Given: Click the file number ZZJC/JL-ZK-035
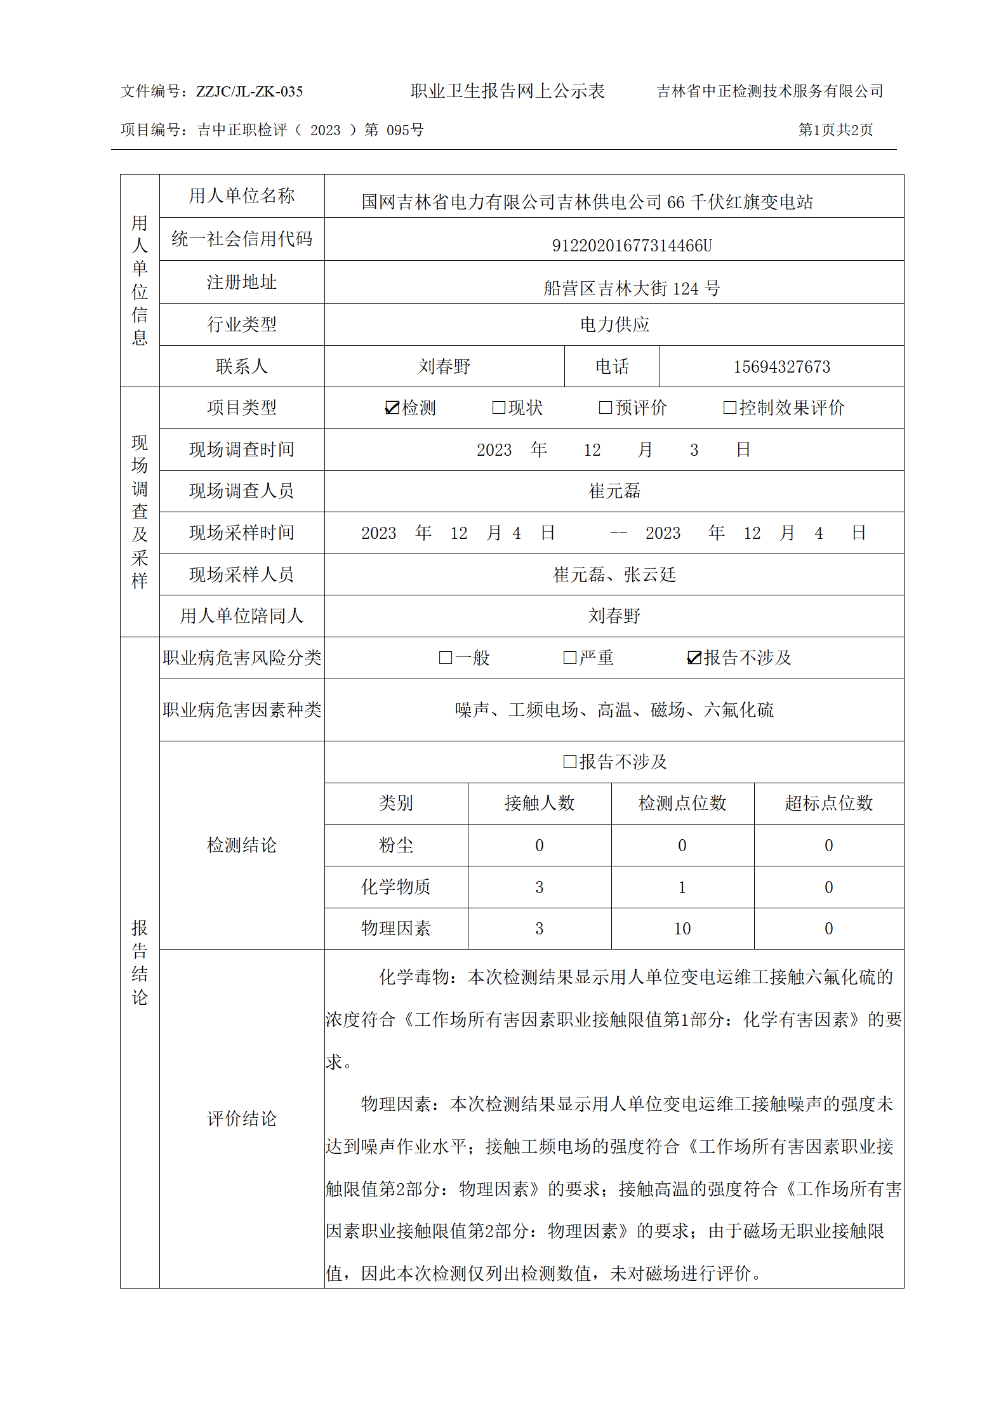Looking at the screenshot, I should click(249, 91).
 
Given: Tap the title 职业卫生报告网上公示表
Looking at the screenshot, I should click(507, 91).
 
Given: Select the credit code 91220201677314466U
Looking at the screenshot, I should click(632, 245).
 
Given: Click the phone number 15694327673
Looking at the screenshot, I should click(781, 367).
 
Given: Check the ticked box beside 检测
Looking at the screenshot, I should click(392, 408).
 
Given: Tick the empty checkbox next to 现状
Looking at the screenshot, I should click(499, 408).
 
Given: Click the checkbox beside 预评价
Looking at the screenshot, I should click(606, 408).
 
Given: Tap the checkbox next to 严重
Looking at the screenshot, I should click(570, 658).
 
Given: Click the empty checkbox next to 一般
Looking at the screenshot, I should click(446, 658).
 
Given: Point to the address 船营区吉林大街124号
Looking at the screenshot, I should click(632, 289).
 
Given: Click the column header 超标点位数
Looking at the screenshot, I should click(828, 803).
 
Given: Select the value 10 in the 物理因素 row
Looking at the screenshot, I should click(682, 929).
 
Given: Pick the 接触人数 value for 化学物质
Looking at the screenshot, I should click(539, 887).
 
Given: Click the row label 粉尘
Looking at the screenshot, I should click(395, 845).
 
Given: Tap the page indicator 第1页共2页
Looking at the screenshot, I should click(835, 130).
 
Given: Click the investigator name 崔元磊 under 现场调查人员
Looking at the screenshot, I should click(614, 491).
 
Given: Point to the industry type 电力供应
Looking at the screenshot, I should click(614, 324).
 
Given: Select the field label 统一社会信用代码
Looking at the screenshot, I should click(242, 239).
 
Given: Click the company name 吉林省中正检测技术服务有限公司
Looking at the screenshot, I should click(769, 91).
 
